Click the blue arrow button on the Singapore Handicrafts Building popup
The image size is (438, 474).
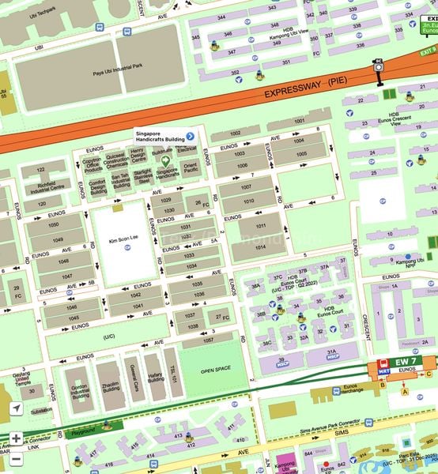coord(190,136)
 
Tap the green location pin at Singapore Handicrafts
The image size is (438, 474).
coord(166,160)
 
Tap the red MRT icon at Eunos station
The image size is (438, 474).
coord(384,370)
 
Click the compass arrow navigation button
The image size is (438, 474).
coord(15,408)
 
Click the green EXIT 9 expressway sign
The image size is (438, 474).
coord(428,51)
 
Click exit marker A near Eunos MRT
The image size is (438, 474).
coord(406,391)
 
